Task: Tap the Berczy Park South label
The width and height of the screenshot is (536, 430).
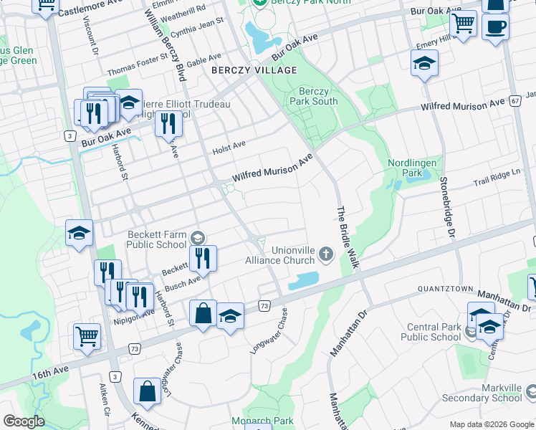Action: pos(314,96)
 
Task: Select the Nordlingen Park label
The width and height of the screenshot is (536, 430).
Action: pos(412,168)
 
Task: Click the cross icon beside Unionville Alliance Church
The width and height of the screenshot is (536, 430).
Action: pos(326,253)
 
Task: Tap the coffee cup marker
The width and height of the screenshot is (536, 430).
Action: pos(494,27)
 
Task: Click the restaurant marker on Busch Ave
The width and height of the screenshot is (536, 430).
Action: pos(204,258)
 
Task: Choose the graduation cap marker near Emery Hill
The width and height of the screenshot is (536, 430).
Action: pos(424,64)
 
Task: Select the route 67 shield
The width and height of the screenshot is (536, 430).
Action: pos(516,101)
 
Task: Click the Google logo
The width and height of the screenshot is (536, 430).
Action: pos(24,421)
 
